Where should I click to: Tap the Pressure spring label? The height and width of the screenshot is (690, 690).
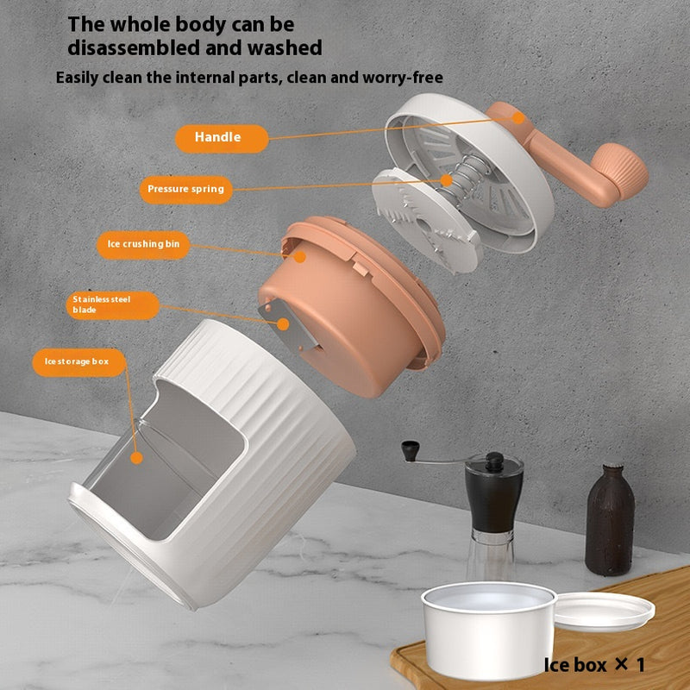185,189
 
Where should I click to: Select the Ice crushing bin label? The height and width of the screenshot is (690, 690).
142,244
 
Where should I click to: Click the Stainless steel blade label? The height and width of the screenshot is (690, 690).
112,305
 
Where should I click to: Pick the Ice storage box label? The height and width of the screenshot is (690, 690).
77,361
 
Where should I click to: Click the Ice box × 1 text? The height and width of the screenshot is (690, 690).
593,665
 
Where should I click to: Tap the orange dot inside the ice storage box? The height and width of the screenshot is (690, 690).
136,458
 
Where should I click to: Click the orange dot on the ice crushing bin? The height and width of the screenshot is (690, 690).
300,256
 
